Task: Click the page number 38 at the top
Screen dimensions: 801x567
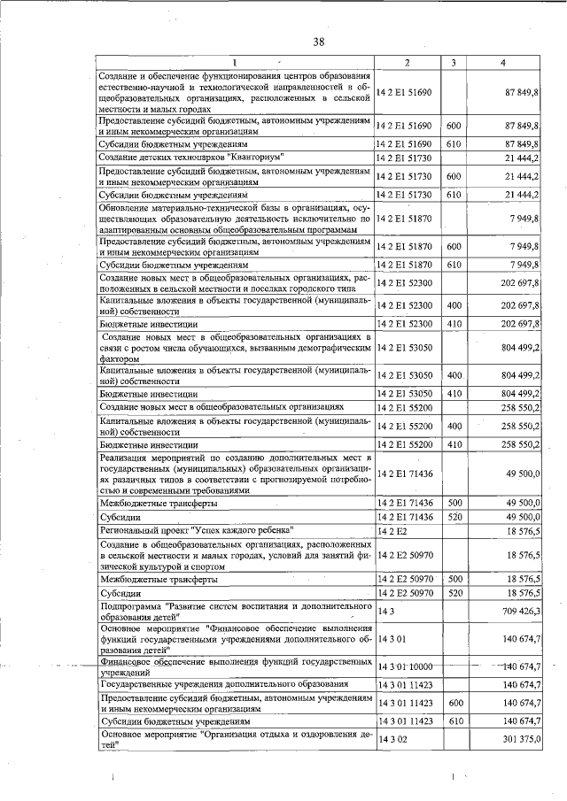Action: [319, 42]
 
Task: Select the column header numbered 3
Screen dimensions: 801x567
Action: [453, 62]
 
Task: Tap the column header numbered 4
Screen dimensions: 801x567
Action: [503, 62]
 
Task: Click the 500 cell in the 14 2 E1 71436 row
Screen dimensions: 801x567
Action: [453, 502]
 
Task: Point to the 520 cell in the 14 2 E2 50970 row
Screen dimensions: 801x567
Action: [453, 592]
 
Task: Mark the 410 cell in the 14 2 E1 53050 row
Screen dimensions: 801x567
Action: [453, 392]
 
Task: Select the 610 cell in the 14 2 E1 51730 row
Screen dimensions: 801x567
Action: [453, 194]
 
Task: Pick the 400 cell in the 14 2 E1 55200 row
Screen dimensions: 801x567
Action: [453, 426]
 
